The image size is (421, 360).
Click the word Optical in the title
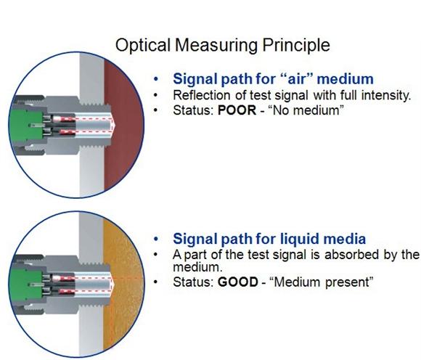[143, 45]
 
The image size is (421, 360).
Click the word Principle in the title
[296, 45]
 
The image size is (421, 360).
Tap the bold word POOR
[237, 110]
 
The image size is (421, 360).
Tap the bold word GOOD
[238, 282]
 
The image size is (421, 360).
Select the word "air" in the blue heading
[298, 79]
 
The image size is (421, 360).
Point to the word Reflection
[202, 95]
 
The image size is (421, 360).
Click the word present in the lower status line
[349, 282]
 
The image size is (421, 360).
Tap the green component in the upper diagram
[26, 125]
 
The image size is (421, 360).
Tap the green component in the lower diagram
[26, 285]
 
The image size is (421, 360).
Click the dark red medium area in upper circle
[124, 126]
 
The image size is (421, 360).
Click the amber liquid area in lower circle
[124, 285]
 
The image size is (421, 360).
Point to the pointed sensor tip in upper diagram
[115, 125]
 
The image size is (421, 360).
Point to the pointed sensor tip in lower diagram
[115, 283]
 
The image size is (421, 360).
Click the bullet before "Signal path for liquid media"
[156, 240]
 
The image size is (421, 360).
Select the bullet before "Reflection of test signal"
[155, 95]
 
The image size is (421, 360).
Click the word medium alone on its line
[197, 267]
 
